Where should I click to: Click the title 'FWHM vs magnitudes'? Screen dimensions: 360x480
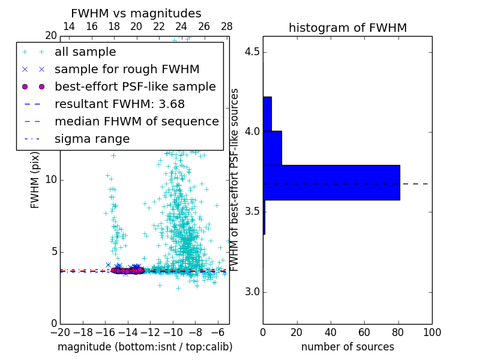[x=136, y=13]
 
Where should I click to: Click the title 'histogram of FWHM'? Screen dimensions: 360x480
[x=347, y=28]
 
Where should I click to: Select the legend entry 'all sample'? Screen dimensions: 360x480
[x=85, y=52]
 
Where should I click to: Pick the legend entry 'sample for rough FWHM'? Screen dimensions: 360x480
[x=127, y=69]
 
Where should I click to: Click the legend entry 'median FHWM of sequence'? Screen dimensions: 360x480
[x=136, y=121]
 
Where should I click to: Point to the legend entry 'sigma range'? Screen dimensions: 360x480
[x=92, y=139]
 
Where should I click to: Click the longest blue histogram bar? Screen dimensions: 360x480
[x=331, y=182]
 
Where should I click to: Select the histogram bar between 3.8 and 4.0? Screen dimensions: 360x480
[x=272, y=148]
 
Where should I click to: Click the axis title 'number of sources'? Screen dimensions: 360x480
[x=347, y=347]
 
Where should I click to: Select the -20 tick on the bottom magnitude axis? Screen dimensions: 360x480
[x=60, y=332]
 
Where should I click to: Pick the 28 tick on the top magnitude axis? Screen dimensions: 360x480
[x=227, y=26]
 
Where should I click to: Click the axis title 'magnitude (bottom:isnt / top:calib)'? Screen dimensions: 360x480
[x=145, y=347]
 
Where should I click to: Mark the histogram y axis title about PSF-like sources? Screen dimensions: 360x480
[x=235, y=179]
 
